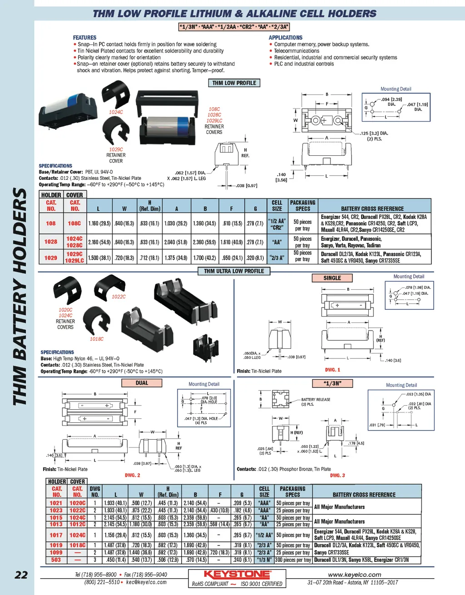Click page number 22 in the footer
tap(21, 575)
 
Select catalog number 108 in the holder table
tap(50, 223)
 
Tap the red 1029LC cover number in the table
tap(74, 261)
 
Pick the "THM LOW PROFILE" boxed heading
tap(234, 83)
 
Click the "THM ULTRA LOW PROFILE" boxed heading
tap(234, 271)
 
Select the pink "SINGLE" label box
tap(332, 278)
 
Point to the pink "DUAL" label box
tap(142, 383)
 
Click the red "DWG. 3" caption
tap(337, 476)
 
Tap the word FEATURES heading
tap(84, 38)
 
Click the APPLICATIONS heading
tap(285, 38)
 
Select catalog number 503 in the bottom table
tap(56, 560)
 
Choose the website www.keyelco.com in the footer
tap(354, 575)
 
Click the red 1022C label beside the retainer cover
tap(119, 297)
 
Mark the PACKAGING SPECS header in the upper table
tap(302, 206)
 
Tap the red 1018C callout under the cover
tap(96, 339)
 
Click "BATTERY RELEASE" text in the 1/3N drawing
tap(316, 400)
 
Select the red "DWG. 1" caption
tap(332, 370)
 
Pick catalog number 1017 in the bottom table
tap(56, 535)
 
